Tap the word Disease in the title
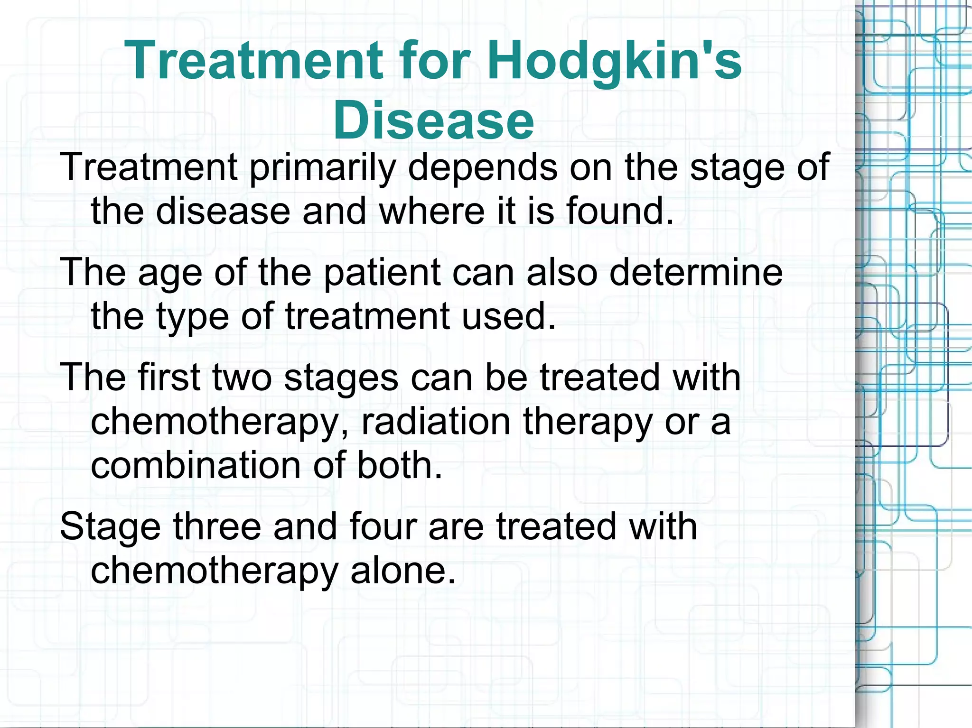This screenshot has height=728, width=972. point(433,120)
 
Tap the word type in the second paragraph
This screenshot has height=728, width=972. point(193,317)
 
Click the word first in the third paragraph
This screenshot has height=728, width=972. point(168,378)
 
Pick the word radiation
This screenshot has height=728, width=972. point(436,422)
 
